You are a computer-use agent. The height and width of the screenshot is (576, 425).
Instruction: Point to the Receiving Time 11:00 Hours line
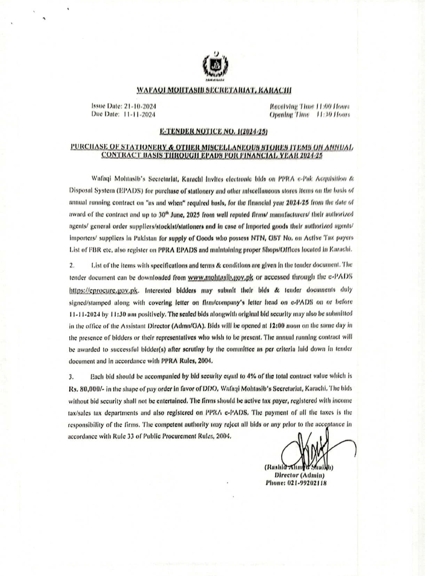tap(310, 106)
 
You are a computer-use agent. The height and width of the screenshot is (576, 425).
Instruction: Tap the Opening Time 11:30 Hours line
tap(310, 114)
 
